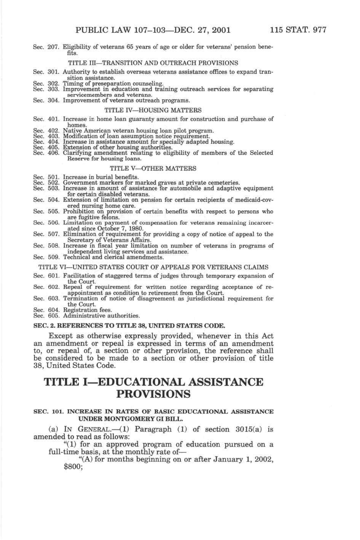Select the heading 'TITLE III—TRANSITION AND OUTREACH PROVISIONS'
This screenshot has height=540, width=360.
(x=153, y=63)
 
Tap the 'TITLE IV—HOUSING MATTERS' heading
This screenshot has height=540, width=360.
(x=153, y=110)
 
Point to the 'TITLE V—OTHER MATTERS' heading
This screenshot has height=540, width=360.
(x=153, y=168)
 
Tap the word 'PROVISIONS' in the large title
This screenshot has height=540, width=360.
(x=154, y=394)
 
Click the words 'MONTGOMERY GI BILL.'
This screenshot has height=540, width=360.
(x=125, y=419)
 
